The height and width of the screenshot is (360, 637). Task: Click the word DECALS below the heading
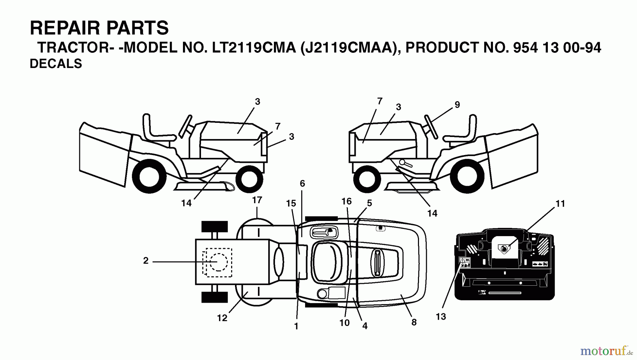click(x=56, y=64)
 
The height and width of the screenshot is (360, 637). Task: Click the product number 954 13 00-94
click(x=557, y=47)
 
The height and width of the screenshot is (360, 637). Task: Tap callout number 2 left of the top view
click(x=146, y=261)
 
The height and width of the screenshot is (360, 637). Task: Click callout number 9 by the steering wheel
click(x=457, y=105)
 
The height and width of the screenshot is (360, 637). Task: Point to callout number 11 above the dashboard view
click(x=560, y=204)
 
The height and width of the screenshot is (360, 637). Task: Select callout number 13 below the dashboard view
click(x=441, y=317)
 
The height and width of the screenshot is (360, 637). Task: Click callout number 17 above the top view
click(x=257, y=200)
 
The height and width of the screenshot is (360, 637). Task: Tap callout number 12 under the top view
click(x=222, y=318)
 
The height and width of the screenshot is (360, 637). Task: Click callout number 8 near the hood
click(x=414, y=322)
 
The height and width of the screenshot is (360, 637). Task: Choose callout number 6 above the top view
click(x=302, y=184)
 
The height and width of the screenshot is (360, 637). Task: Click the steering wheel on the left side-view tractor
click(x=186, y=126)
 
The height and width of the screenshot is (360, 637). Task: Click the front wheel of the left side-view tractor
click(x=249, y=179)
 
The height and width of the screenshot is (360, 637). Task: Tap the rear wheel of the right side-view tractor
click(x=468, y=176)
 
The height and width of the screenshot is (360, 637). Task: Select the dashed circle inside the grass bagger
click(x=219, y=262)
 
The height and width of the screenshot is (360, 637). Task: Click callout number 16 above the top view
click(x=346, y=201)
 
